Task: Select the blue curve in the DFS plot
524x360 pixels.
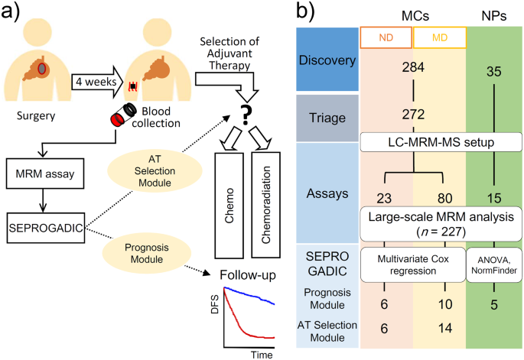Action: (x=252, y=299)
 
